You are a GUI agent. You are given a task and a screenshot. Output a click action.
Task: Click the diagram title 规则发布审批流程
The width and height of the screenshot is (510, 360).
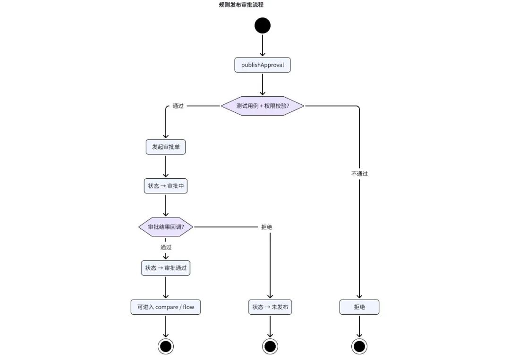coord(241,5)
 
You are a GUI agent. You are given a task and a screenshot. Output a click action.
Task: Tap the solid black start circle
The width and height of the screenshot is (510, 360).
coord(263,25)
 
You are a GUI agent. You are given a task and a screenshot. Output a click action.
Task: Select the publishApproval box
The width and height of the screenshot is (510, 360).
coord(263,65)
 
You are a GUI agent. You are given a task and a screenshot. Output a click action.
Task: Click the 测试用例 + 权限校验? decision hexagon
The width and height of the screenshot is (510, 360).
coord(263,106)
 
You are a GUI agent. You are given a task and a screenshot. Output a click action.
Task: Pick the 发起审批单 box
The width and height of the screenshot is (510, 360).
coord(166,147)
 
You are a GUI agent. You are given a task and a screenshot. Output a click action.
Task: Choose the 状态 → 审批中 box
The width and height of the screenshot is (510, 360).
coord(166,186)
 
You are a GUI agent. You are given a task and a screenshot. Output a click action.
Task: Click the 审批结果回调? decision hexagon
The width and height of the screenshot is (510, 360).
coord(166,227)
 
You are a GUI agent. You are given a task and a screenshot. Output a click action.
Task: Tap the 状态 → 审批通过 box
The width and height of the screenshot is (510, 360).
coord(166,268)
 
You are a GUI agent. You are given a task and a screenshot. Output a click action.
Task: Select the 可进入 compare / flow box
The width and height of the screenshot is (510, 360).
coord(166,307)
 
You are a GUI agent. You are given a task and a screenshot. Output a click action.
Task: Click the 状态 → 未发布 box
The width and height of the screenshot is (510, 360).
coord(270,307)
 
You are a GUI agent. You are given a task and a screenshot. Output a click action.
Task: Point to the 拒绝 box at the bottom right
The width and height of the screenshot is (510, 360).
coord(359,307)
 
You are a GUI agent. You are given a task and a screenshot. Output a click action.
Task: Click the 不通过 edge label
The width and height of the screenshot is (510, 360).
coord(359,174)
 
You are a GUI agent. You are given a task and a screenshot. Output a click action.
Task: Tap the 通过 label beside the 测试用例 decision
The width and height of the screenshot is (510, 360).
coord(178,106)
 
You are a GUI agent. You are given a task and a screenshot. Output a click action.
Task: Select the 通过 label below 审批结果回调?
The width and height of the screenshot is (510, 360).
coord(166,247)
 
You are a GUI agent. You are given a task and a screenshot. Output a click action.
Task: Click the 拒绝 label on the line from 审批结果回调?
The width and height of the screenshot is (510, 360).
coord(267,227)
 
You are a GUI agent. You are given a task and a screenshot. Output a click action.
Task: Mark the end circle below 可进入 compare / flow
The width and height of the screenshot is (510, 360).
coord(166,346)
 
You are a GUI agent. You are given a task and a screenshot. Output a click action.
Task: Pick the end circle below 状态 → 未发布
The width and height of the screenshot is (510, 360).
coord(270,346)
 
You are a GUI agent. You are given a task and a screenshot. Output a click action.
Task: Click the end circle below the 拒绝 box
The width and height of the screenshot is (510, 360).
coord(359,346)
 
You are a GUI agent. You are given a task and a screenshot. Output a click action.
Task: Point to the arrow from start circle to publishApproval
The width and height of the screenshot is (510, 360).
coord(263,45)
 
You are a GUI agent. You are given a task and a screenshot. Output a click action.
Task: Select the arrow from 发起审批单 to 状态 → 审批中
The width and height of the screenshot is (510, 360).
coord(166,167)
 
